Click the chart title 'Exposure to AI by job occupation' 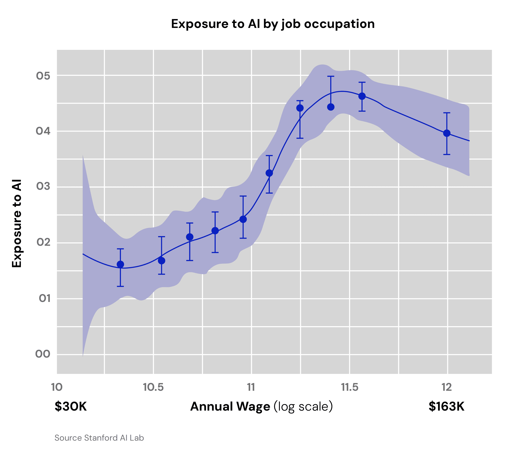pyautogui.click(x=273, y=24)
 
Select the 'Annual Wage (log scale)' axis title pyautogui.click(x=261, y=407)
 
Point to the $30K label pyautogui.click(x=71, y=407)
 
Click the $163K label pyautogui.click(x=446, y=407)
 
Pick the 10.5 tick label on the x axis pyautogui.click(x=153, y=387)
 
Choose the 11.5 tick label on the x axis pyautogui.click(x=350, y=387)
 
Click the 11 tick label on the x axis pyautogui.click(x=251, y=387)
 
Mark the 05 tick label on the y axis pyautogui.click(x=43, y=76)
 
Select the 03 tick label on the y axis pyautogui.click(x=43, y=187)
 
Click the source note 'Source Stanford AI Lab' pyautogui.click(x=99, y=438)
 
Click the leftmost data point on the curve pyautogui.click(x=120, y=264)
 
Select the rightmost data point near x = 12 pyautogui.click(x=447, y=133)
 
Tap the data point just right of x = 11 pyautogui.click(x=269, y=173)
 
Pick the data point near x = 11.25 pyautogui.click(x=300, y=108)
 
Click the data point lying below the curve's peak pyautogui.click(x=331, y=107)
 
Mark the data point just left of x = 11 pyautogui.click(x=243, y=219)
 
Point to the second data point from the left pyautogui.click(x=162, y=261)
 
